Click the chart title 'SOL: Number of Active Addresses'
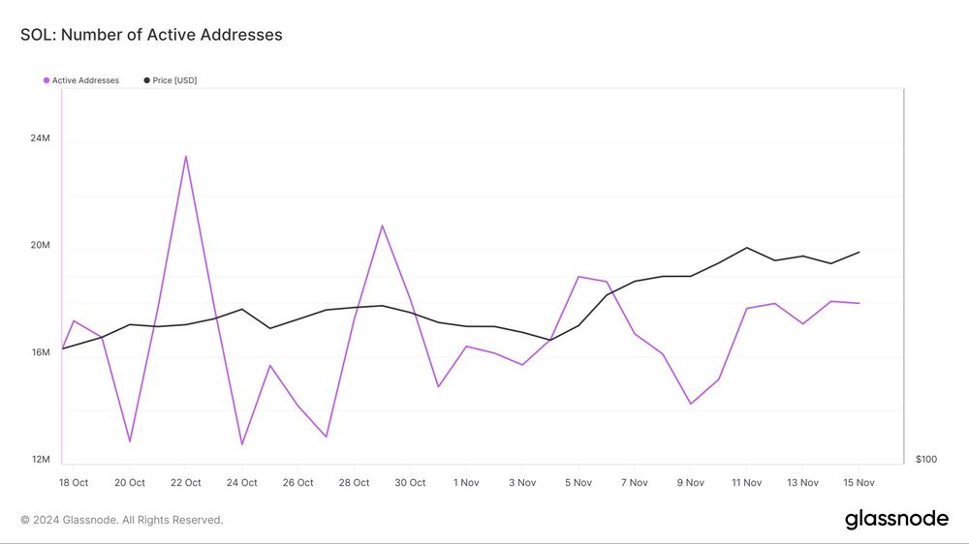click(x=151, y=35)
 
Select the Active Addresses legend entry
click(x=81, y=80)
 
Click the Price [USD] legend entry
click(x=170, y=80)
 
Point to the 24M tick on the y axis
click(x=40, y=138)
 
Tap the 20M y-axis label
click(x=40, y=245)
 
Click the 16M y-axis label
click(x=40, y=352)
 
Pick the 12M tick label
click(x=40, y=460)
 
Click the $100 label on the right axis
click(x=926, y=460)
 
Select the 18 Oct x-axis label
click(x=74, y=483)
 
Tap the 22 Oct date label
click(x=185, y=483)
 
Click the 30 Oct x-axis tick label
click(x=410, y=483)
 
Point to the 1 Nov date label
click(x=466, y=483)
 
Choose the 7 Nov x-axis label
click(x=634, y=483)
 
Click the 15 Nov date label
click(x=859, y=483)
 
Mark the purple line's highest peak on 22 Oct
click(x=185, y=156)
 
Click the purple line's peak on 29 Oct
click(x=382, y=226)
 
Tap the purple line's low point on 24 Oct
click(x=241, y=444)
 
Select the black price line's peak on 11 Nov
click(x=746, y=248)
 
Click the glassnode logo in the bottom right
click(x=896, y=519)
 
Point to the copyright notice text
click(x=122, y=520)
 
